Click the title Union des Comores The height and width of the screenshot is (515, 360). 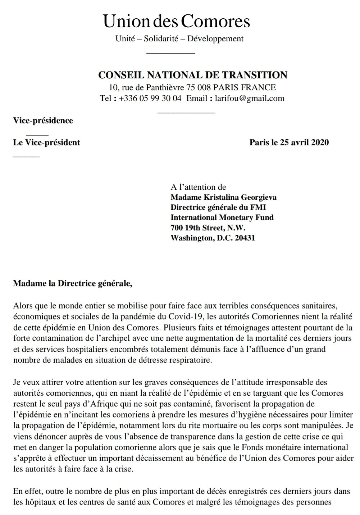(x=177, y=21)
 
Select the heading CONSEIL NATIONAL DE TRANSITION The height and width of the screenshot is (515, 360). (x=193, y=75)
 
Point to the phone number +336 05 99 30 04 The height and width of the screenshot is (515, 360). (x=150, y=98)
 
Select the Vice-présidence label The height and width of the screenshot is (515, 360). (x=43, y=120)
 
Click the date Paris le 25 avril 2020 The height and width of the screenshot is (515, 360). (x=289, y=142)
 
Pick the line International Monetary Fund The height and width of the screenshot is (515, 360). (x=222, y=217)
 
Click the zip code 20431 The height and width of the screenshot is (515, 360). (x=245, y=238)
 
